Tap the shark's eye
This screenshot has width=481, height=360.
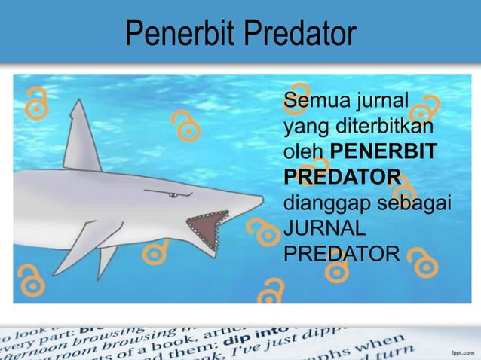click(173, 195)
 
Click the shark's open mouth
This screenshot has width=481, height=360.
click(206, 227)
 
